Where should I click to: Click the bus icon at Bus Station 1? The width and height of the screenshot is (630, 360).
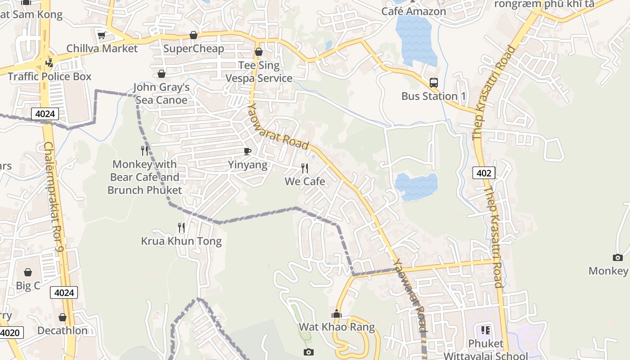tap(434, 83)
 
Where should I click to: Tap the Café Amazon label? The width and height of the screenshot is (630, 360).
tap(414, 12)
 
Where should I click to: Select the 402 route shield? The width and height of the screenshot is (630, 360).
tap(484, 173)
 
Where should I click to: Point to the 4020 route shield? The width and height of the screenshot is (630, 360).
tap(10, 333)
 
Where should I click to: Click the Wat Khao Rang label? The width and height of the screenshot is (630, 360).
tap(337, 327)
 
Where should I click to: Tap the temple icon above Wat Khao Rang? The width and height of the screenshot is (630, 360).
tap(337, 314)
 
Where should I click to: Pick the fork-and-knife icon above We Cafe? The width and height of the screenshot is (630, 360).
tap(305, 168)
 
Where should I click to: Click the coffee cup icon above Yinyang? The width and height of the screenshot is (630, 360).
tap(247, 151)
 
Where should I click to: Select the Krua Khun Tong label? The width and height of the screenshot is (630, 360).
tap(181, 241)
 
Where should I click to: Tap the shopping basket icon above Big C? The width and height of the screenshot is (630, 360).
tap(28, 272)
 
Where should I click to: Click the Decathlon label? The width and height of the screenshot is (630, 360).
tap(63, 331)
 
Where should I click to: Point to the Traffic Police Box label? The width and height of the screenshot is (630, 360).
tap(49, 76)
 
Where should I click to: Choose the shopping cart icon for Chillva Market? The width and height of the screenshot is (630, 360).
tap(101, 35)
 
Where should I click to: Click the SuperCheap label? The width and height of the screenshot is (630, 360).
tap(193, 49)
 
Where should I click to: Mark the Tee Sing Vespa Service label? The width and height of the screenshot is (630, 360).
tap(259, 72)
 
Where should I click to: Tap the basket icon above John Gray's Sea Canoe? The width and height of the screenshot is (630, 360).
tap(162, 74)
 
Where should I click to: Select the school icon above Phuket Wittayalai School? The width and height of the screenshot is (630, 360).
tap(486, 330)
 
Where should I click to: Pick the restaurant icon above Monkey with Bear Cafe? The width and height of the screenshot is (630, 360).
tap(144, 151)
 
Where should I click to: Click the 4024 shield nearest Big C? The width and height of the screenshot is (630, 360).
tap(64, 293)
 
